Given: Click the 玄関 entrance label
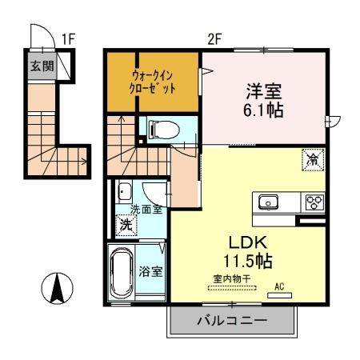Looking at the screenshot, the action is (42, 66).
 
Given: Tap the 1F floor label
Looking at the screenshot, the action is (69, 39).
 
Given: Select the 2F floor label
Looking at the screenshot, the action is (215, 39).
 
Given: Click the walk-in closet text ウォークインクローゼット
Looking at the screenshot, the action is (153, 82).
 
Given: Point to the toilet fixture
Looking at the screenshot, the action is (163, 130).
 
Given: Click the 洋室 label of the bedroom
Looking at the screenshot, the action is (263, 91).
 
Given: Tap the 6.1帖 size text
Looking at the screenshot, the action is (263, 110).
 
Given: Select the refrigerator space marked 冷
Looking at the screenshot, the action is (313, 159).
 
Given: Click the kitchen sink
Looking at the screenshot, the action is (268, 202).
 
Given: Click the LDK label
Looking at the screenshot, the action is (248, 242).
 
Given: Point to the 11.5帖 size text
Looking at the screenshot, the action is (248, 261).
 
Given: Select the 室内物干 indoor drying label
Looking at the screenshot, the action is (232, 278).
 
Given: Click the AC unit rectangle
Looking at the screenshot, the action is (279, 295).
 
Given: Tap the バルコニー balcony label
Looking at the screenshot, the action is (232, 320).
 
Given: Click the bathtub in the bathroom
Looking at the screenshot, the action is (122, 272).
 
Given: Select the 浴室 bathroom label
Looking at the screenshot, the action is (150, 271).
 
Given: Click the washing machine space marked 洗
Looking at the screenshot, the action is (126, 226).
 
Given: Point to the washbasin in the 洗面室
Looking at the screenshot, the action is (125, 192).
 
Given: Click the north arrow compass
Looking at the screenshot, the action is (57, 288).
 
